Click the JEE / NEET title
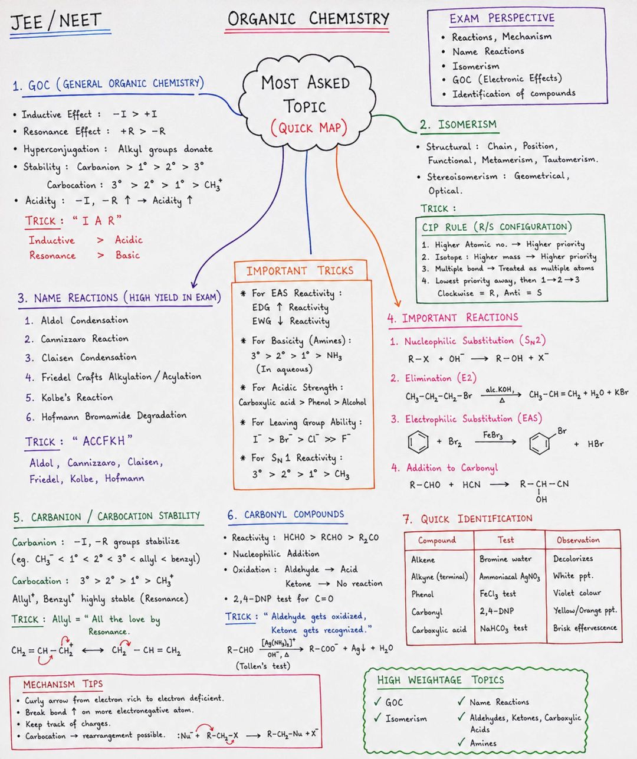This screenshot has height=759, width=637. tap(55, 21)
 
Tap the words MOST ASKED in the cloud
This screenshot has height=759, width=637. tap(306, 83)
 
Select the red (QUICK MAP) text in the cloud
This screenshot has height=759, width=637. tap(309, 128)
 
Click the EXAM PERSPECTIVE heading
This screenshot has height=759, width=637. tap(502, 18)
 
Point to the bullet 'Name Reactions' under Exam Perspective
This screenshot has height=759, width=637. tap(488, 51)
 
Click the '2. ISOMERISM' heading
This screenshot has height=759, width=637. tap(458, 125)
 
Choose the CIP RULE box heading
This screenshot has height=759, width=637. tap(497, 227)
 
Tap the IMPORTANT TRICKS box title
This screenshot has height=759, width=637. tap(300, 271)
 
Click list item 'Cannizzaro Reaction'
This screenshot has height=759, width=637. tap(84, 339)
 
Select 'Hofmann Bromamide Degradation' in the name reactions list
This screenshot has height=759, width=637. tap(114, 416)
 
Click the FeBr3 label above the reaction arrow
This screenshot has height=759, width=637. tap(492, 435)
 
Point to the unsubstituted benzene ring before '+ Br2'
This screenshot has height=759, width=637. tap(418, 441)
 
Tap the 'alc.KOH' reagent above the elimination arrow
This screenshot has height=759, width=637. tap(500, 390)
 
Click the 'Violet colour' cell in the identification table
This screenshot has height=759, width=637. tap(577, 593)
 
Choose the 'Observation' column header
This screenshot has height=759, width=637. tap(578, 540)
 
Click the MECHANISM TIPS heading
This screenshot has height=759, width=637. tap(63, 685)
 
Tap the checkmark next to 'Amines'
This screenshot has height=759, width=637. tap(461, 741)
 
